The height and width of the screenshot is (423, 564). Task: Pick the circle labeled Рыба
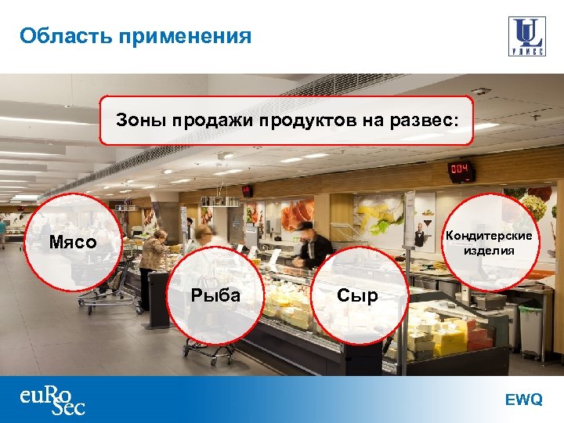(x=215, y=295)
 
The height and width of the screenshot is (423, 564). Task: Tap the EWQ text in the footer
(x=523, y=399)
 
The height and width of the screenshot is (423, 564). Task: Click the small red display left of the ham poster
(x=248, y=190)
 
